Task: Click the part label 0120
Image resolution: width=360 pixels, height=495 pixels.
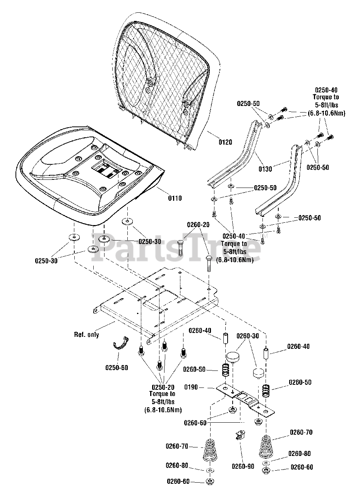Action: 225,142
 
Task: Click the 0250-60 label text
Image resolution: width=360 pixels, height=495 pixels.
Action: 117,368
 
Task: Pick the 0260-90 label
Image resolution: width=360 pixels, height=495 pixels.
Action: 243,466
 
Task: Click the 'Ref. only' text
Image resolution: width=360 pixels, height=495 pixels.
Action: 86,335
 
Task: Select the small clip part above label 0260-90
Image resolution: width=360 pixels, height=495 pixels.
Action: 241,435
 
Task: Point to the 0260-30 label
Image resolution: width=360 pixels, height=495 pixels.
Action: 248,336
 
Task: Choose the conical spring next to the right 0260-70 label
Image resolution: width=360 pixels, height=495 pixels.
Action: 266,445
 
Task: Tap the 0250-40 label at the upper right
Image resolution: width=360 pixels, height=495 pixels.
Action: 326,90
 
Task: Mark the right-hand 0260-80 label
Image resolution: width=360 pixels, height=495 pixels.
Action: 299,453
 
